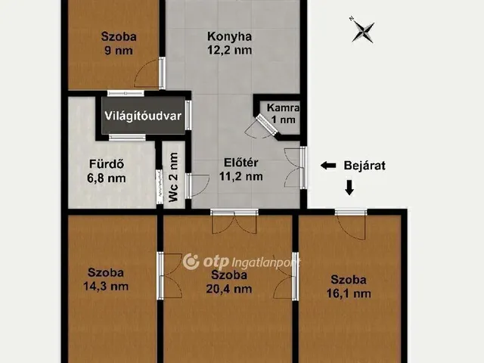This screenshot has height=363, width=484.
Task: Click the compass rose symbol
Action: (363, 31)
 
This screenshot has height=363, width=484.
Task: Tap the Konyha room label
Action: (229, 36)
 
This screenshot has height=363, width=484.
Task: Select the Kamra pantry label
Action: (283, 107)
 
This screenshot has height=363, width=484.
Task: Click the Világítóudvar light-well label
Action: (143, 116)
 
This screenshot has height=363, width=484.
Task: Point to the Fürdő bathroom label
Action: (107, 164)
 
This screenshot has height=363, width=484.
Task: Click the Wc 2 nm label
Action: (173, 177)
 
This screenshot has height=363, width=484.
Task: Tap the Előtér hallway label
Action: (240, 163)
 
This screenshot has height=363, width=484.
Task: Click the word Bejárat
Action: (365, 166)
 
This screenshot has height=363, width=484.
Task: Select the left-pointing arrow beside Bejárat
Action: (328, 166)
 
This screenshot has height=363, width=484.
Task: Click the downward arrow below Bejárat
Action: (349, 188)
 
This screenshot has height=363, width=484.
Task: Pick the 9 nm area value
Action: (119, 51)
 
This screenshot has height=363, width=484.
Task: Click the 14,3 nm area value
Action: (106, 287)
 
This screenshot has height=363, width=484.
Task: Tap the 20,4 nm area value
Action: (229, 289)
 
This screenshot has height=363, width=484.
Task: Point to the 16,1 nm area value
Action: (349, 293)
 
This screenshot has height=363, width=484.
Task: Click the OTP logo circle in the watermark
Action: (191, 262)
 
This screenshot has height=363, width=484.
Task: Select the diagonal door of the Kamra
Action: (267, 124)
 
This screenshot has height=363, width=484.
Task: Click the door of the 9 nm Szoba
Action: (162, 73)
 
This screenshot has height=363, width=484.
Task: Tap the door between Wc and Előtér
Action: (188, 185)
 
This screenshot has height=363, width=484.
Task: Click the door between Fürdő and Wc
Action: (160, 187)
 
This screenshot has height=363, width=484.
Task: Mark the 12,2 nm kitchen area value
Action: (229, 50)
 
